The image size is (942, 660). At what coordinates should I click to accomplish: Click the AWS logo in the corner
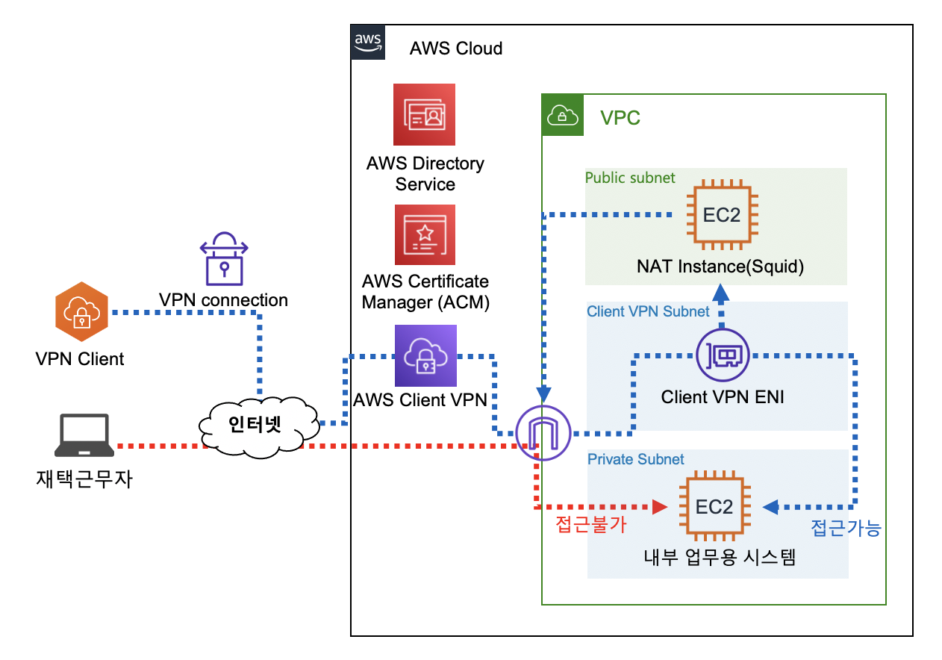(369, 42)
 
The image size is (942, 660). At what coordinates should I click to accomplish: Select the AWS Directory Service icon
(425, 114)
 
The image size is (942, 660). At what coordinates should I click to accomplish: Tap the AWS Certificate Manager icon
(425, 234)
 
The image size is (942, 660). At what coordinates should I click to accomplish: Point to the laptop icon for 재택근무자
(84, 436)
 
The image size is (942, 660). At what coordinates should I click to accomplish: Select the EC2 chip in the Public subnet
(721, 215)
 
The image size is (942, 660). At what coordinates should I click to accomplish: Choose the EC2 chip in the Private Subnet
(714, 507)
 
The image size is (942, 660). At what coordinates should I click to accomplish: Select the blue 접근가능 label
(846, 529)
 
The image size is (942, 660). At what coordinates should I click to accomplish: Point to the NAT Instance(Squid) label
(720, 267)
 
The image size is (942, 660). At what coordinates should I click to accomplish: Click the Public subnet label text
(630, 178)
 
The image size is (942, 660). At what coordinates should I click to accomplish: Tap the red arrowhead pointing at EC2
(659, 507)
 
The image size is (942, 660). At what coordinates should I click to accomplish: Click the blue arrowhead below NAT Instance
(721, 293)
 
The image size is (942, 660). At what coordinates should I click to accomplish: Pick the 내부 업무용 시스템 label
(720, 557)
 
